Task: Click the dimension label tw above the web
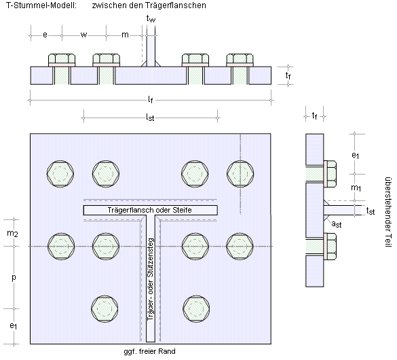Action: point(151,19)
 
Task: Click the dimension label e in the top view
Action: point(45,35)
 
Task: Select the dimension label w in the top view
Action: point(83,35)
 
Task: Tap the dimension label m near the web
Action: point(125,35)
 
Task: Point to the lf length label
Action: point(151,100)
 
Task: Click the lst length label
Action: point(150,117)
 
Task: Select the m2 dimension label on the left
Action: point(12,234)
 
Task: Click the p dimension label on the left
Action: point(14,278)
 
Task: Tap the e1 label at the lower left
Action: point(14,326)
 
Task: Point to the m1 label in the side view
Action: point(356,188)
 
